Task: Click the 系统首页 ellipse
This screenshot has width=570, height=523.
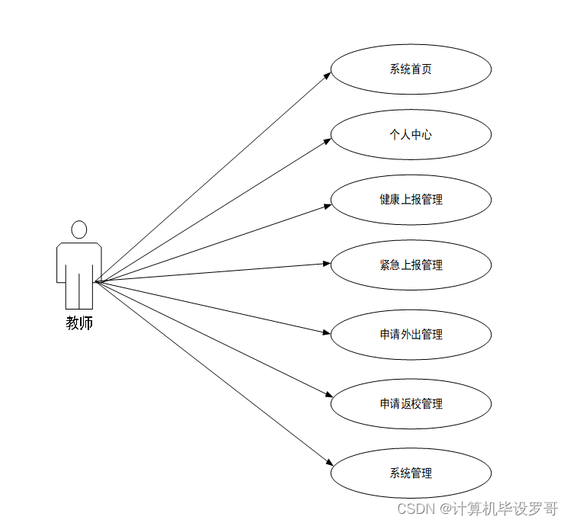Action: (411, 69)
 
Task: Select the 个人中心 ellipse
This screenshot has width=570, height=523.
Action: (411, 135)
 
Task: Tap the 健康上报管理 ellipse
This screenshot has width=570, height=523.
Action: (411, 200)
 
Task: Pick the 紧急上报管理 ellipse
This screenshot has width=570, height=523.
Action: (411, 265)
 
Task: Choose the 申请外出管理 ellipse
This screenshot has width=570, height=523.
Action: (411, 335)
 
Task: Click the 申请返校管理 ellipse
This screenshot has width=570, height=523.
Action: (411, 404)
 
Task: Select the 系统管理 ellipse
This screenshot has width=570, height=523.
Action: (411, 473)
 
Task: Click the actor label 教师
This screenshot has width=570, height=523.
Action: (79, 323)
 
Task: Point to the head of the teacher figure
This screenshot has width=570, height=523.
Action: (79, 229)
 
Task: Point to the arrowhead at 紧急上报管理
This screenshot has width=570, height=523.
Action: (327, 265)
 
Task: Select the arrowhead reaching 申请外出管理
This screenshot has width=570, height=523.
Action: (327, 332)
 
